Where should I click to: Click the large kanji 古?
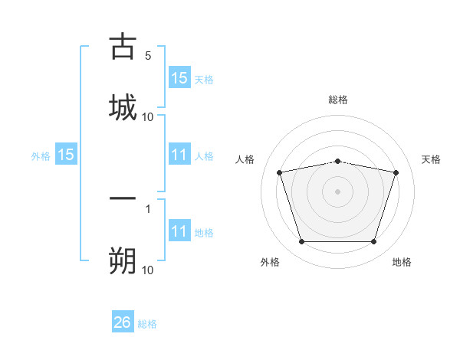(123, 46)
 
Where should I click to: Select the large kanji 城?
(123, 107)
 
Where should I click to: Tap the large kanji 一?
(123, 198)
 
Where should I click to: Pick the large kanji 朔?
(123, 260)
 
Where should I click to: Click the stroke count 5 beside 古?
(148, 56)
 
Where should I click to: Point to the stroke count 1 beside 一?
(148, 209)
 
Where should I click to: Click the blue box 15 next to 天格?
(179, 77)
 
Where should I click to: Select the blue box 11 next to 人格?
(179, 154)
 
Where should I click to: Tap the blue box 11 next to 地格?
(179, 230)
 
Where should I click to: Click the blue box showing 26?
(123, 321)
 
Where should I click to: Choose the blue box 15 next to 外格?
(66, 154)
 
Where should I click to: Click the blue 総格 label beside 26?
(147, 324)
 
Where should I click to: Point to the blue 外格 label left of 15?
(41, 156)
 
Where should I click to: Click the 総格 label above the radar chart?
(338, 100)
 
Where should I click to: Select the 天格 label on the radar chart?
(431, 159)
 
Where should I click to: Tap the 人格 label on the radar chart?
(245, 159)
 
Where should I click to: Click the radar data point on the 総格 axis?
(338, 162)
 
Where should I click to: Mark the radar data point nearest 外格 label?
(302, 241)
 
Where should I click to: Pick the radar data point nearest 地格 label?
(374, 241)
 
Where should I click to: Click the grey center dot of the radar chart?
(337, 191)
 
